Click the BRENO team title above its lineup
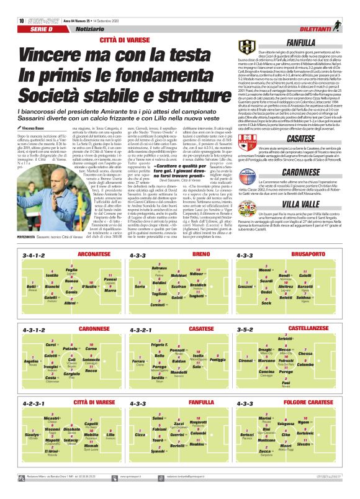click(201, 254)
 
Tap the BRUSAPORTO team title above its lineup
click(307, 254)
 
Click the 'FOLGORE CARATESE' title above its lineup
click(299, 403)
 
